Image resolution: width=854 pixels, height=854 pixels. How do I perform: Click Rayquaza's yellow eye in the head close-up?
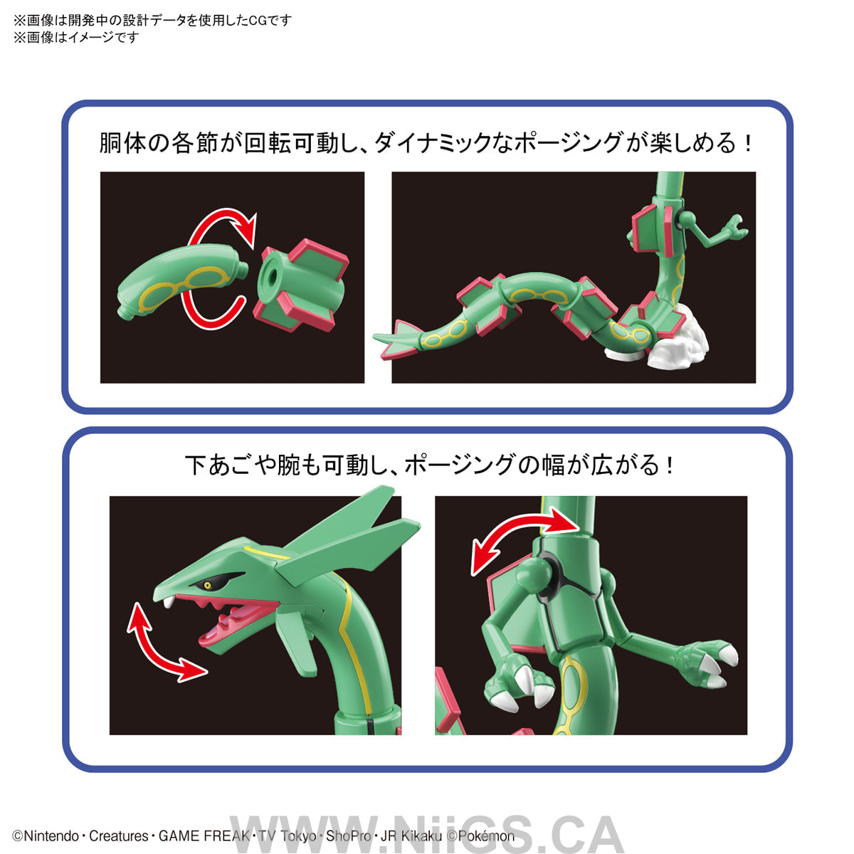[207, 585]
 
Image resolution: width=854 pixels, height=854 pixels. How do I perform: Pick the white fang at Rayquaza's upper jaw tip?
[169, 602]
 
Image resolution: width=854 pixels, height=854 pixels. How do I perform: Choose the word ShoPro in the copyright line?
[349, 836]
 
